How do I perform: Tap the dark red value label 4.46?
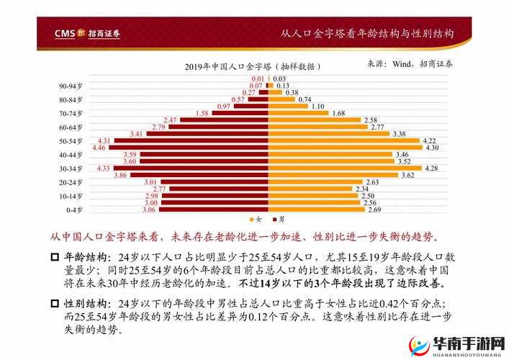99,148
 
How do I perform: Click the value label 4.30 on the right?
432,148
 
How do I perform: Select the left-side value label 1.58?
202,113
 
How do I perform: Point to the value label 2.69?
374,210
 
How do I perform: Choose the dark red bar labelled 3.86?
200,175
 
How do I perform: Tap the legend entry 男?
278,219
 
